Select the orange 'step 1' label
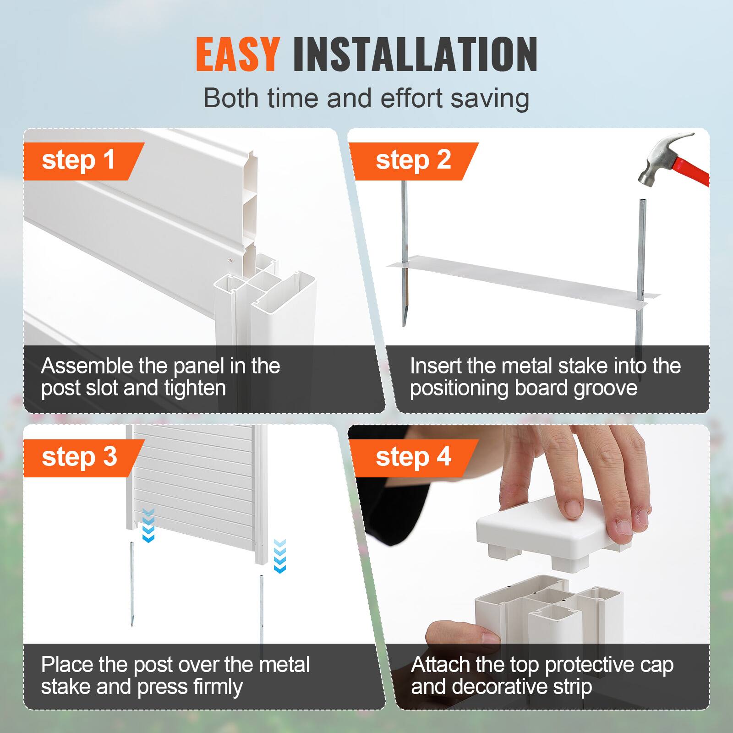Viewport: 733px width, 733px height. (78, 160)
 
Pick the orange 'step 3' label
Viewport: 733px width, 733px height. (79, 457)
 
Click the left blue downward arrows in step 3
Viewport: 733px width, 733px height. (148, 525)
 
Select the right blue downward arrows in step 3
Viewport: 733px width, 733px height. (279, 555)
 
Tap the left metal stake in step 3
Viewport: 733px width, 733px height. (132, 582)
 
